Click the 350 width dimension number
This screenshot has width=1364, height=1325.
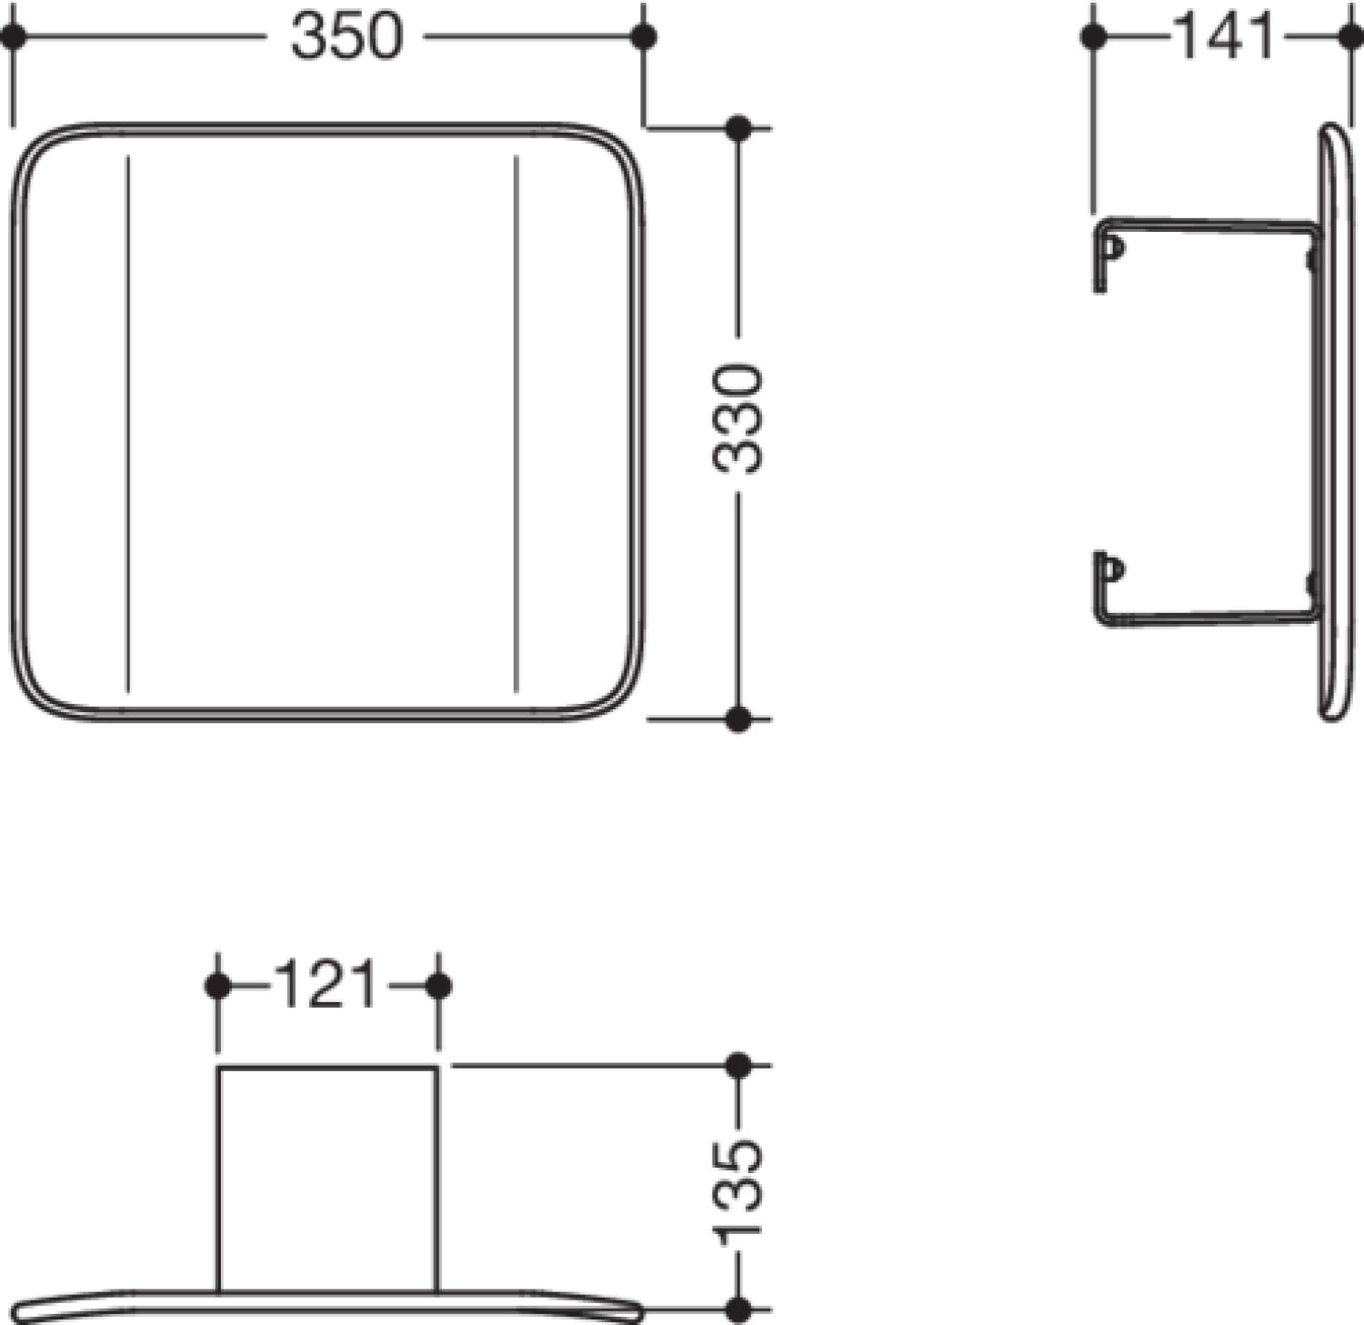(346, 37)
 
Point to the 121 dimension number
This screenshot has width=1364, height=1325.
(325, 986)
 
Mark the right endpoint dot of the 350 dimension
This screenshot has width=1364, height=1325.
(644, 37)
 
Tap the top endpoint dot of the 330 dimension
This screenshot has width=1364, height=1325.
(738, 128)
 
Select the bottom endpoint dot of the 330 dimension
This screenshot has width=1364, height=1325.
(738, 718)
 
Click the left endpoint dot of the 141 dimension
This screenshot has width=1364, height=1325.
(1095, 37)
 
